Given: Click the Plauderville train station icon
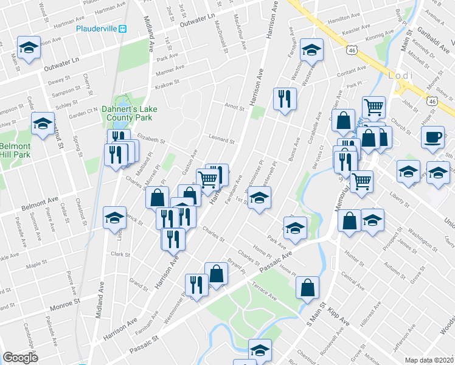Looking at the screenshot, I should point(123,28).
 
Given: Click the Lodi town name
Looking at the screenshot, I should point(400,75).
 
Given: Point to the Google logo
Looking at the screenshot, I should point(20,358).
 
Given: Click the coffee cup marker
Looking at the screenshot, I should point(432,138).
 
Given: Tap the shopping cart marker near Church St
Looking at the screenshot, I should point(373,108).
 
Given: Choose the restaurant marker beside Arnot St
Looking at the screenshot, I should point(284,99).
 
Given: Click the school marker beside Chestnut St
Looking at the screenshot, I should point(43,123).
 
